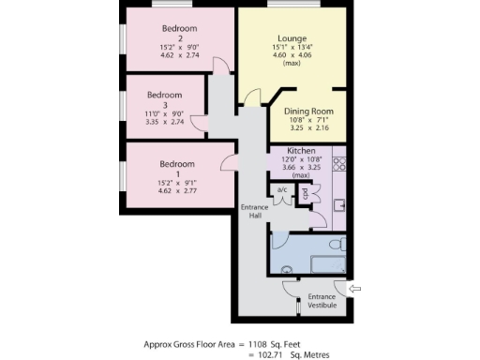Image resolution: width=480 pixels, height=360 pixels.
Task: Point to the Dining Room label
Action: (307, 112)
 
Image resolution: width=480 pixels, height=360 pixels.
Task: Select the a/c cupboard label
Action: (281, 189)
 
